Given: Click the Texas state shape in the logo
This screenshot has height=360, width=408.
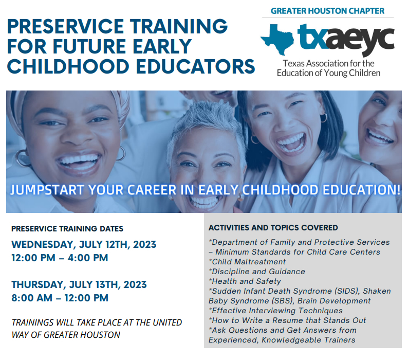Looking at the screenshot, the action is [x=277, y=39].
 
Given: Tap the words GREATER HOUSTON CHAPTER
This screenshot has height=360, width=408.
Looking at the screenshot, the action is [x=327, y=11].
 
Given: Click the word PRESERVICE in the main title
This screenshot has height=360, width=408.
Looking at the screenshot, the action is [x=66, y=26].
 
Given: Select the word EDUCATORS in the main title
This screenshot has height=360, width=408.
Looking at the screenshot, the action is [x=195, y=66].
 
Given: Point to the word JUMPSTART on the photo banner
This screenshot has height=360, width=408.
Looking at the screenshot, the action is [x=47, y=190].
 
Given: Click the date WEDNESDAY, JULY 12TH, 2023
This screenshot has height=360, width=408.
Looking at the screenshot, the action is [x=84, y=245].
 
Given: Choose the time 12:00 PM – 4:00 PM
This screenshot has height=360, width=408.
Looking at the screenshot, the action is [x=60, y=258].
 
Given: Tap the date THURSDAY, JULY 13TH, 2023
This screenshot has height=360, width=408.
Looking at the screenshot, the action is [x=79, y=285].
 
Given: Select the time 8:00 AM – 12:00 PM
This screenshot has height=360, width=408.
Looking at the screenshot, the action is [x=60, y=298].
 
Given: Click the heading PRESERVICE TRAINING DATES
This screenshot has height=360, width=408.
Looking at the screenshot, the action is [x=67, y=229].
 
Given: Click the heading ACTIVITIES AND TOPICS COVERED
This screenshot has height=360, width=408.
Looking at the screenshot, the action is [x=273, y=228].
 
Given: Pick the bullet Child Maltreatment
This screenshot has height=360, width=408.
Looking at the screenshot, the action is [x=247, y=262].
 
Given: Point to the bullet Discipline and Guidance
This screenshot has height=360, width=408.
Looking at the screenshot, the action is [x=257, y=272].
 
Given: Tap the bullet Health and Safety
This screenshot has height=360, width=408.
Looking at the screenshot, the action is [x=245, y=281].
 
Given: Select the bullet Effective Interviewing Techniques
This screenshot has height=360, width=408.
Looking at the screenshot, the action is [x=275, y=311].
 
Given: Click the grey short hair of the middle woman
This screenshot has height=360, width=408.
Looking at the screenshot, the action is [x=203, y=117].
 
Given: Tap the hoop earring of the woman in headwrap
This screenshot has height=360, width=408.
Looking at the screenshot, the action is [x=23, y=158].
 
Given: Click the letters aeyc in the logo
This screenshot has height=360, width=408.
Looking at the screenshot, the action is [x=360, y=41].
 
